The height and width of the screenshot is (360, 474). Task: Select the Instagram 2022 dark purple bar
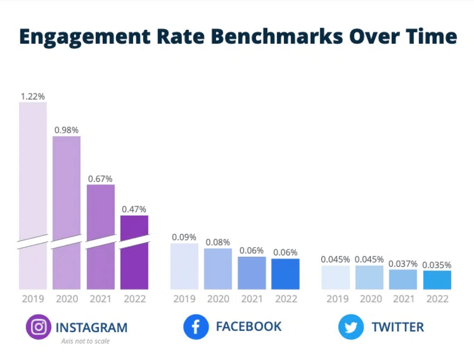click(x=134, y=257)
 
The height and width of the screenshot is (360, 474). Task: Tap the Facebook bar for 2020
click(x=218, y=269)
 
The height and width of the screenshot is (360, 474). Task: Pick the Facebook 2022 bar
click(x=285, y=274)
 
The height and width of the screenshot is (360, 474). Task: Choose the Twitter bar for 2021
click(x=403, y=279)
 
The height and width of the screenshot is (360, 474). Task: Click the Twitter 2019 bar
click(x=336, y=277)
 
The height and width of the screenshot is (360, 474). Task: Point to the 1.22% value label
click(x=33, y=97)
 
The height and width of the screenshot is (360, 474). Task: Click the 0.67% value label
click(x=100, y=179)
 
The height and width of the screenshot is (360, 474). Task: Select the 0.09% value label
click(x=184, y=237)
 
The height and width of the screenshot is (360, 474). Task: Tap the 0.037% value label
click(x=403, y=263)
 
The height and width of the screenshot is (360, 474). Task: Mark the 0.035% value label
click(x=437, y=265)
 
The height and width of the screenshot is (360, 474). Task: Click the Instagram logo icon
click(x=39, y=327)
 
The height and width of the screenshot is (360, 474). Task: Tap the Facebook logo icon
click(x=196, y=327)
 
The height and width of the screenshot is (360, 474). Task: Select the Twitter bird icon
click(x=351, y=327)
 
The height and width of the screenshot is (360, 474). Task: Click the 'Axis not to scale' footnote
click(x=85, y=341)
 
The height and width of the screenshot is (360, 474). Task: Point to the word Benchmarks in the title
click(x=278, y=36)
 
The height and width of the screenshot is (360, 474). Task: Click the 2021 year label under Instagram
click(x=100, y=299)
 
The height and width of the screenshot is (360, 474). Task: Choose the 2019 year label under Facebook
click(x=184, y=299)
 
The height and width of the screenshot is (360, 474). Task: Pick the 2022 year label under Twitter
click(x=437, y=299)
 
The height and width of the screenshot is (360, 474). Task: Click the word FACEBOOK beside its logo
click(x=249, y=326)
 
